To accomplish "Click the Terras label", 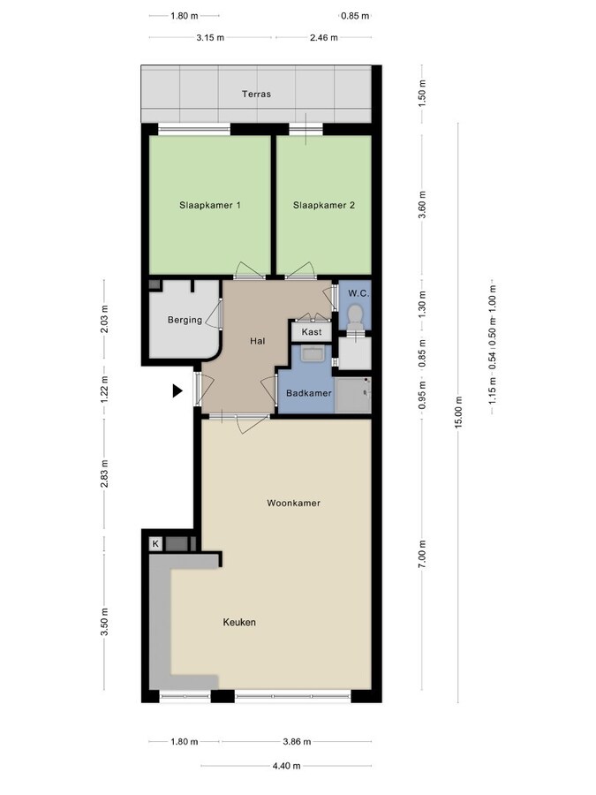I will (x=257, y=94).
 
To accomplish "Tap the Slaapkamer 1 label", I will (x=210, y=205).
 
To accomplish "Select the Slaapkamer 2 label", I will (x=324, y=205).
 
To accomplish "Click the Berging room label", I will (x=185, y=320).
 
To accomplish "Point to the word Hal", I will (x=258, y=339).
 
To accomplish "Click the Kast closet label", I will (x=312, y=332).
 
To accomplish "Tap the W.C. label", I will (x=358, y=293).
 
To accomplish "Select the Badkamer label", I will (x=308, y=393).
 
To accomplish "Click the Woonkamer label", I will (x=293, y=503).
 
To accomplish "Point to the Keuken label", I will (x=238, y=622).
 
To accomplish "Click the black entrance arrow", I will (x=177, y=390).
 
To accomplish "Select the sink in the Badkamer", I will (x=311, y=354).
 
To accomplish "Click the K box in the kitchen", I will (x=155, y=543).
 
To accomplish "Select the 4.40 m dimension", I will (x=286, y=765).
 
